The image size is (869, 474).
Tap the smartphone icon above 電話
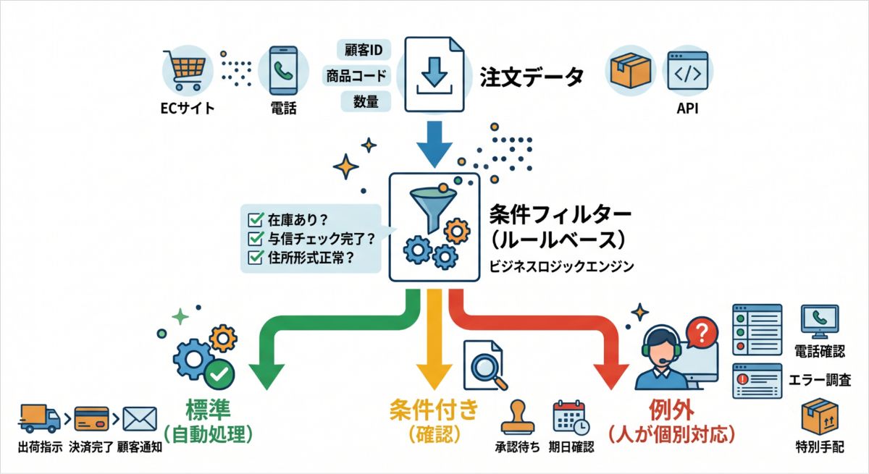point(284,70)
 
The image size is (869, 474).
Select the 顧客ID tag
point(364,50)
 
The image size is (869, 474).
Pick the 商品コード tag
point(356,75)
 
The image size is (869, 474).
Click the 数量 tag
point(366,101)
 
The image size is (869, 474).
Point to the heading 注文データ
point(532,77)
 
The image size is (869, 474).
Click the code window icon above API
point(688,71)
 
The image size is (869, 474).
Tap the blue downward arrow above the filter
point(434,144)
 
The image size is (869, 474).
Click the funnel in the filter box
point(433,208)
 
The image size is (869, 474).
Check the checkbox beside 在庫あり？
point(256,220)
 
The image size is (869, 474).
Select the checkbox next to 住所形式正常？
point(256,257)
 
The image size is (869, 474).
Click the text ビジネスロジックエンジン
point(561,266)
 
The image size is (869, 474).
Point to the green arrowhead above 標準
point(267,376)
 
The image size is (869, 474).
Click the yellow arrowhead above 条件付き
point(434,376)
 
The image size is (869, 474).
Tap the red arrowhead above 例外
point(611,376)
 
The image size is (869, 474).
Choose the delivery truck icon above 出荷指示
point(39,418)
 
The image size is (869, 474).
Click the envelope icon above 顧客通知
point(140,419)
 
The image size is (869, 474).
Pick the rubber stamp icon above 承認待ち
point(518,417)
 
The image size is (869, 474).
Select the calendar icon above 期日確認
point(571,417)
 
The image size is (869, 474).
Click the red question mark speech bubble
point(702,333)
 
